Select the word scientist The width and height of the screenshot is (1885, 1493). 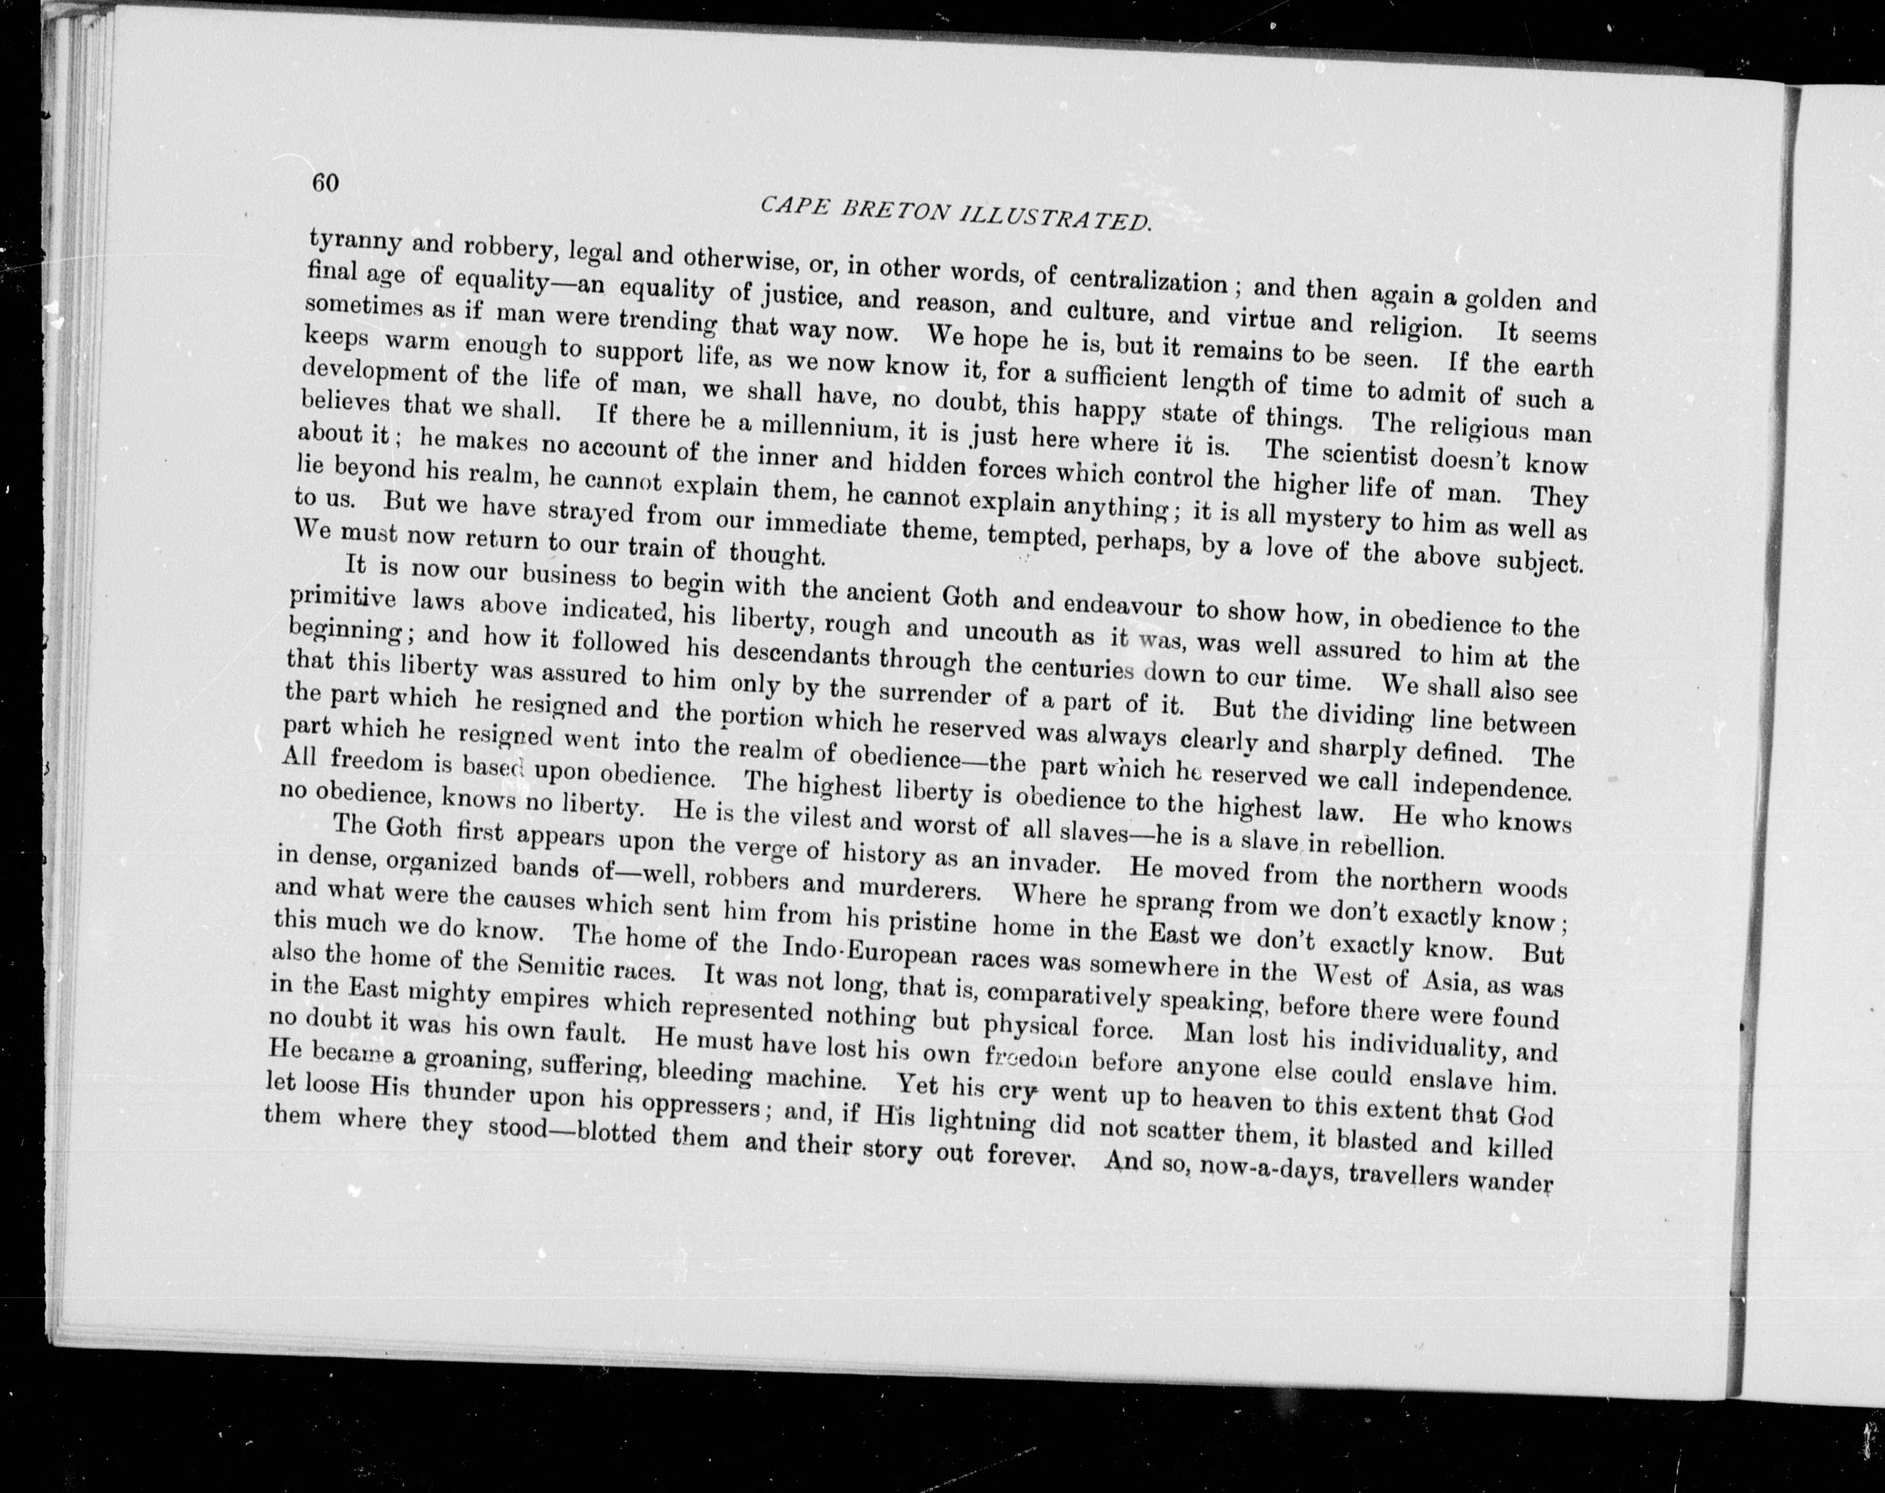[1371, 455]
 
